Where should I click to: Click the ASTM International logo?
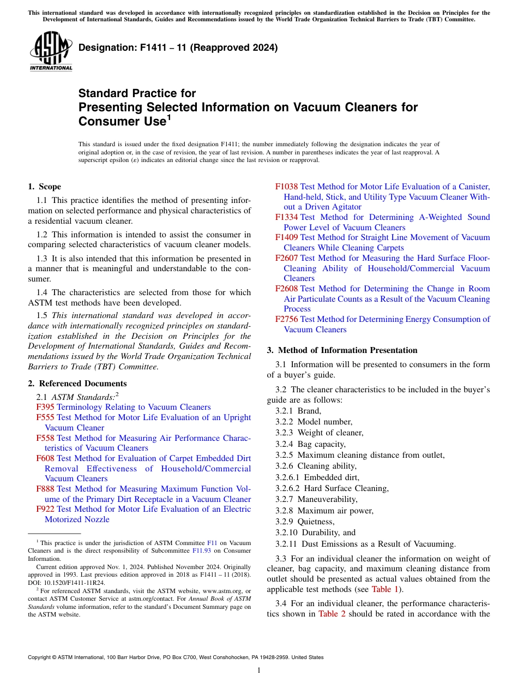click(x=50, y=52)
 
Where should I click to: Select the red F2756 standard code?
click(x=287, y=319)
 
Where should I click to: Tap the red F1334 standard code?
click(x=287, y=217)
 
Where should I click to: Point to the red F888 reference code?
click(x=45, y=489)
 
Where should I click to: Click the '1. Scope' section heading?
click(x=45, y=187)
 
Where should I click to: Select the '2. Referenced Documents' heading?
click(x=77, y=384)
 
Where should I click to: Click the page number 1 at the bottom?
click(x=259, y=670)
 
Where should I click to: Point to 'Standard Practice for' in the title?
click(x=137, y=93)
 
